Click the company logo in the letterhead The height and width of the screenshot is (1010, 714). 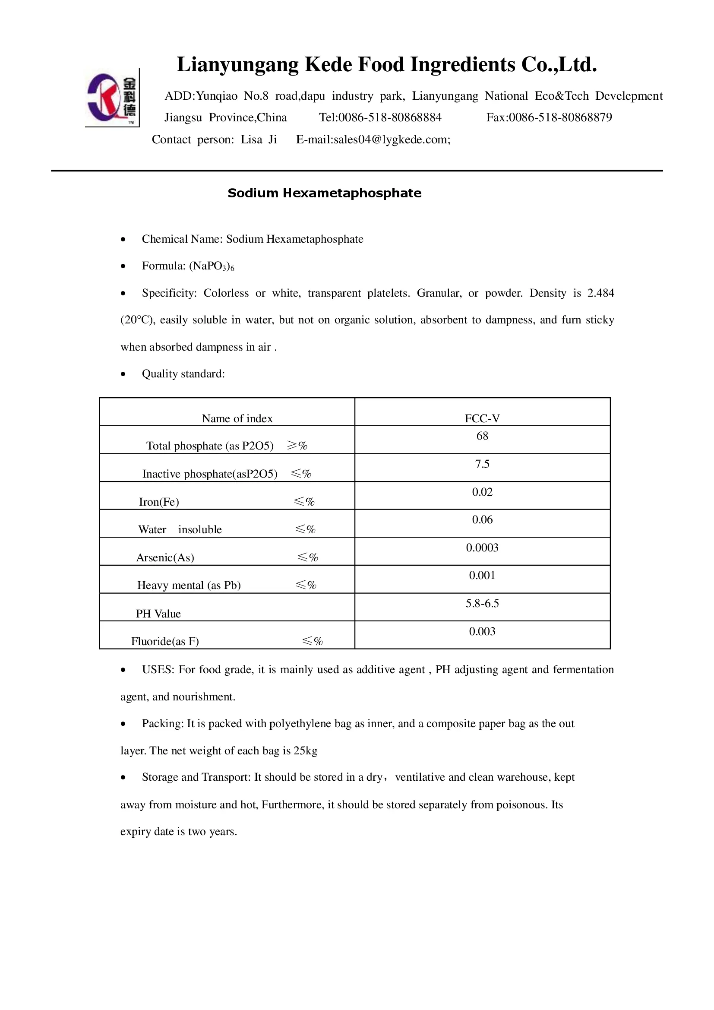tap(112, 98)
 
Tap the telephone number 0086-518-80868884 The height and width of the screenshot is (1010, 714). tap(389, 117)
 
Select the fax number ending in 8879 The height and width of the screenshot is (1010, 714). tap(560, 117)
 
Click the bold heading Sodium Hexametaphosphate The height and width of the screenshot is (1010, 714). tap(325, 193)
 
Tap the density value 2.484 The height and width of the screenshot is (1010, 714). tap(600, 293)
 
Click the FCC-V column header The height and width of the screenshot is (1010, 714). tap(482, 418)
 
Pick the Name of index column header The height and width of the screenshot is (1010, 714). tap(237, 418)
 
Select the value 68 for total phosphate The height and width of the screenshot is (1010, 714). tap(482, 436)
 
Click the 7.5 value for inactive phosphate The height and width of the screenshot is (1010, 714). tap(482, 464)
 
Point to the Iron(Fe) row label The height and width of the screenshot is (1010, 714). tap(159, 502)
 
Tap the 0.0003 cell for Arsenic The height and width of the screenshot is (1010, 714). tap(482, 548)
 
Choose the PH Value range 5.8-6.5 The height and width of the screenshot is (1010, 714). tap(482, 604)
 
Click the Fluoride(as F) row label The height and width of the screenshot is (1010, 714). tap(165, 641)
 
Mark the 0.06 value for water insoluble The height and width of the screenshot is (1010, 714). tap(482, 520)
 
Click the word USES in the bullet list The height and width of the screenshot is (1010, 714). tap(158, 670)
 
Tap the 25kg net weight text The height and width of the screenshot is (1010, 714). tap(305, 750)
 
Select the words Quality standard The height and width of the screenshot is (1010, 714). tap(183, 374)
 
